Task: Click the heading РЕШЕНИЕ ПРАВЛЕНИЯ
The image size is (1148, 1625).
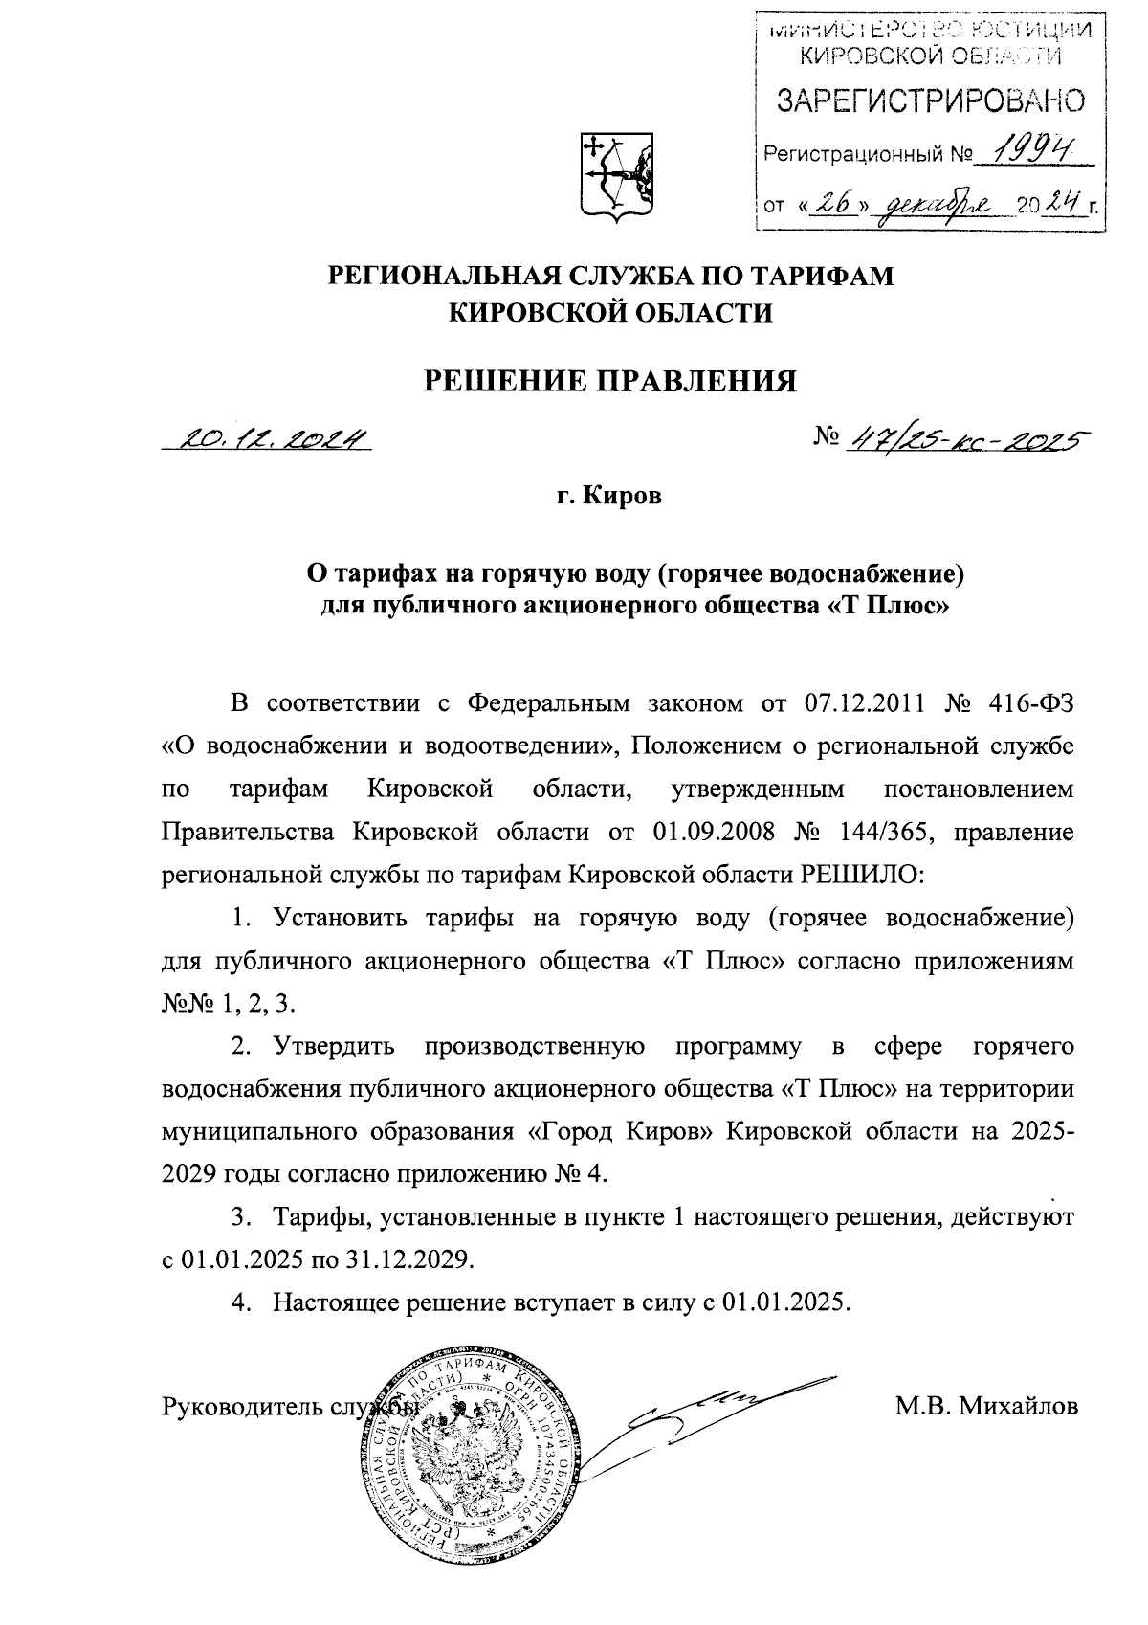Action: [x=610, y=381]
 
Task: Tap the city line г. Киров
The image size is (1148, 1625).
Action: [x=609, y=498]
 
